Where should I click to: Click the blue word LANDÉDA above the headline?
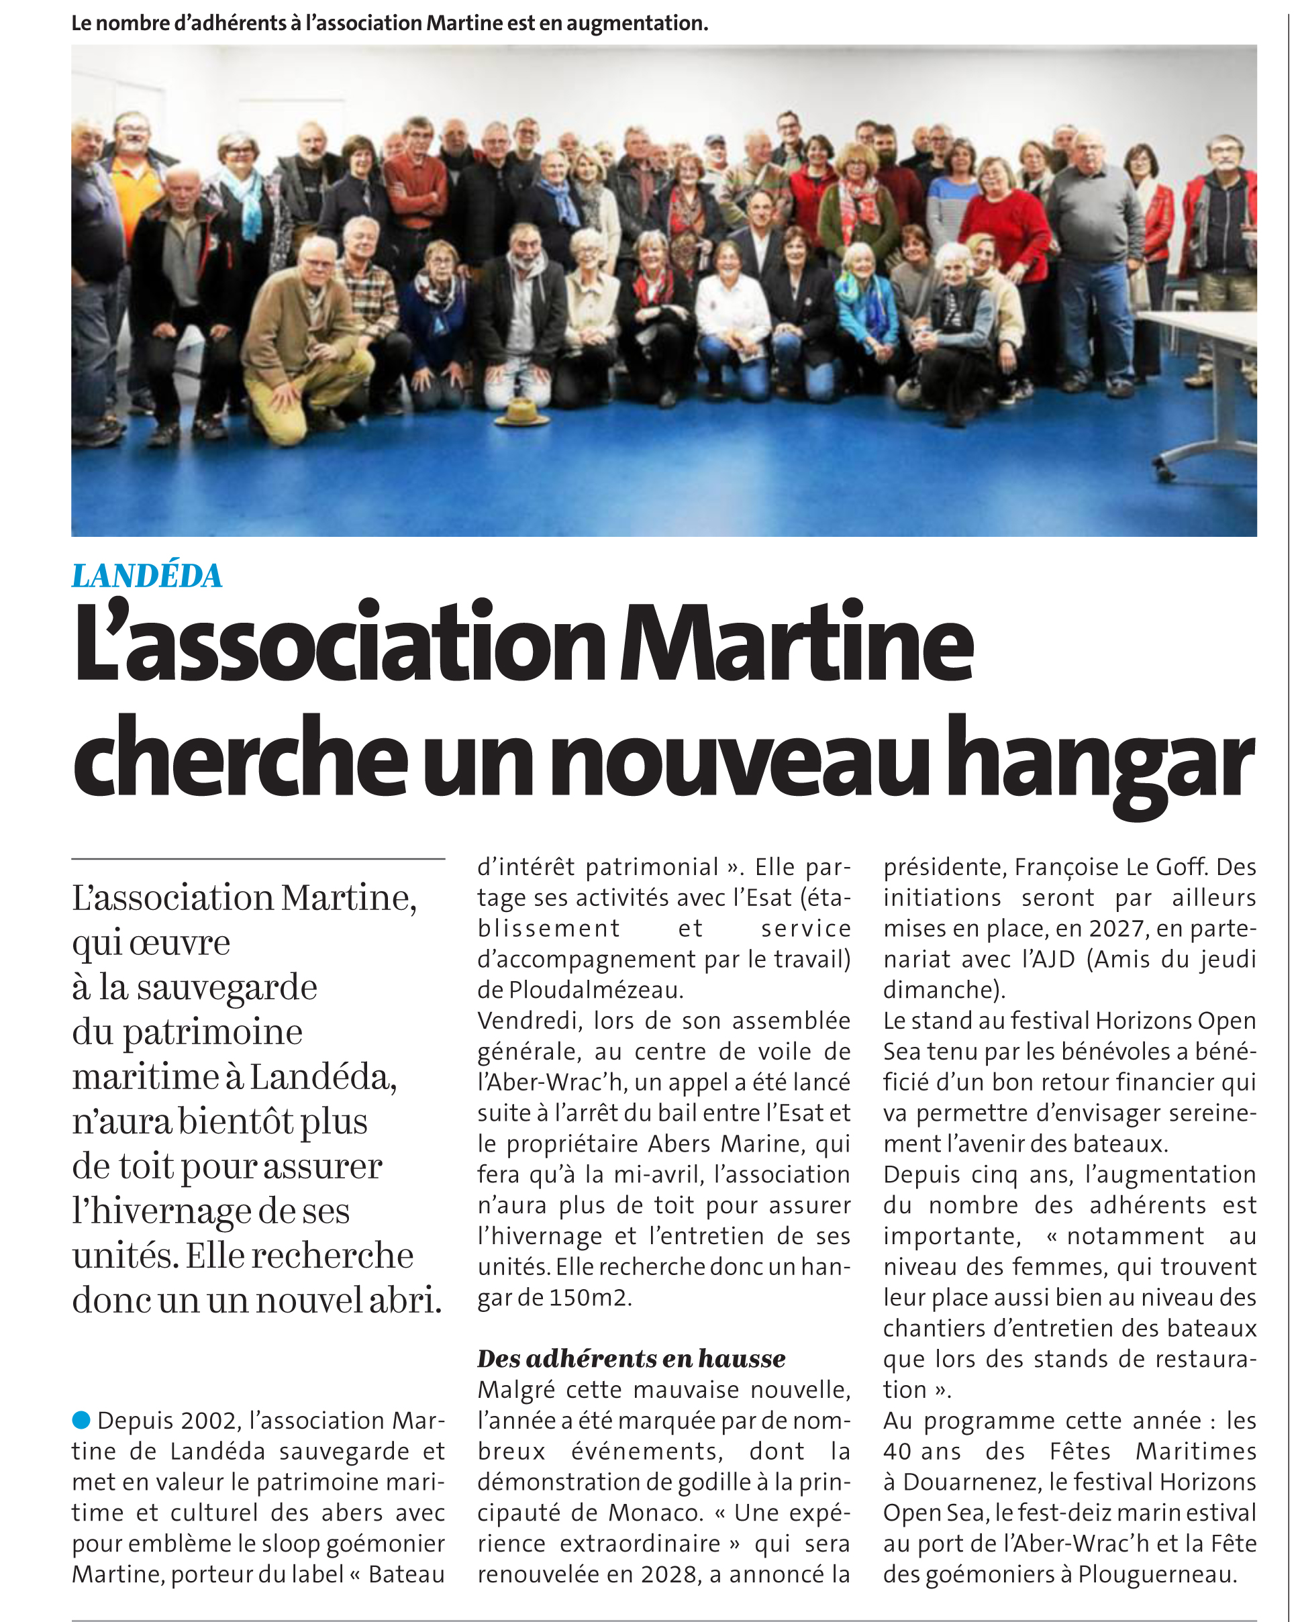(147, 576)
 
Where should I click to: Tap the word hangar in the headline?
(1100, 760)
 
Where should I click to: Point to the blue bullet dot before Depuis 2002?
(81, 1419)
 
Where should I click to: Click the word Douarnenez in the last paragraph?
(970, 1482)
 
